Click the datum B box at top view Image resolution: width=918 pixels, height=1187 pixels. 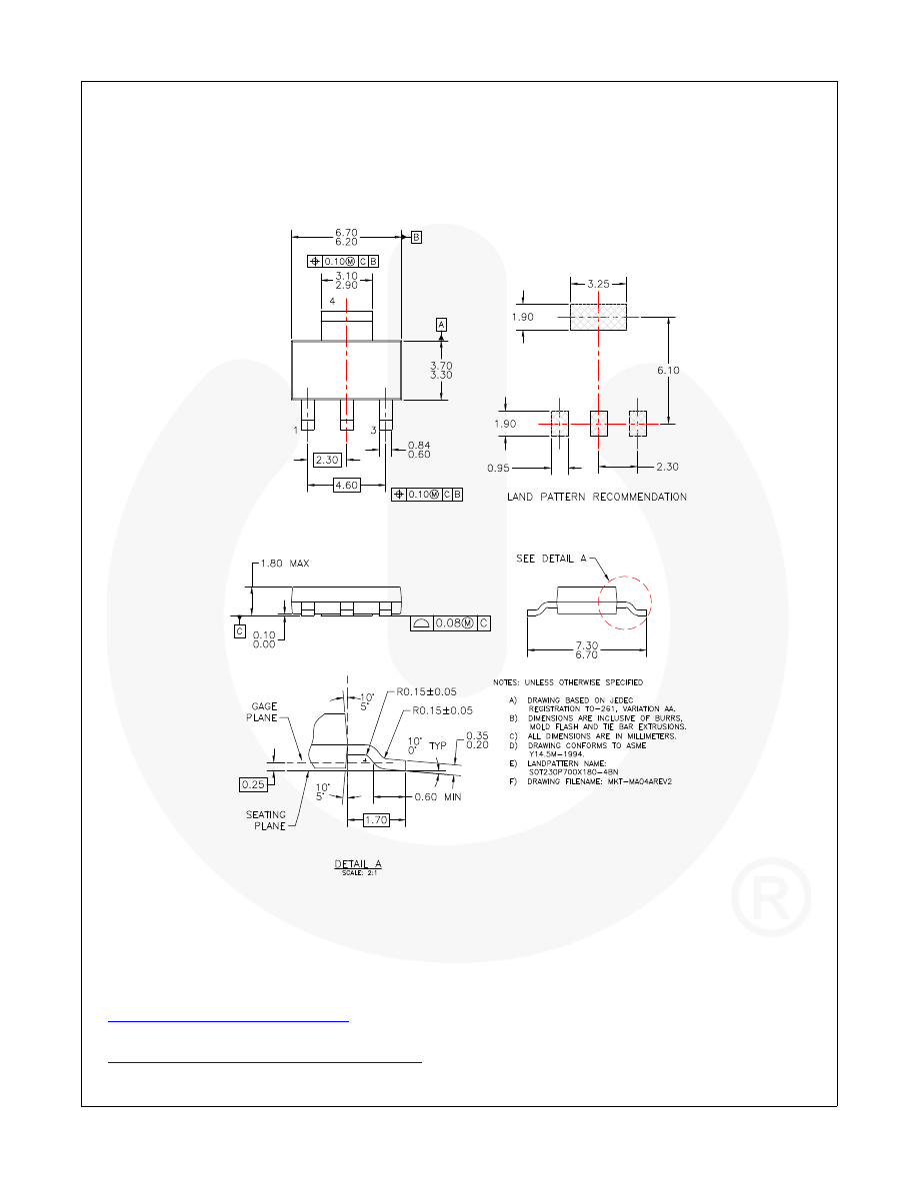tap(416, 237)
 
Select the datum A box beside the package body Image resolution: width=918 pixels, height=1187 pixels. tap(440, 324)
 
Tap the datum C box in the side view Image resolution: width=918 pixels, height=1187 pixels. tap(240, 630)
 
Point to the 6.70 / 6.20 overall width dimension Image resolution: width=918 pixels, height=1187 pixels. tap(346, 236)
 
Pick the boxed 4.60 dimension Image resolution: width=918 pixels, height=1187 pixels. tap(345, 484)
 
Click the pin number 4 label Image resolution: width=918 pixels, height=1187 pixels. tap(331, 300)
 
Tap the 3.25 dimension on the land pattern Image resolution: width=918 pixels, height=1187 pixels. tap(597, 285)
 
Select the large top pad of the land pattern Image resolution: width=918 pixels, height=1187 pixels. tap(597, 318)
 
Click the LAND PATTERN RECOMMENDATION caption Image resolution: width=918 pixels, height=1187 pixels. tap(597, 497)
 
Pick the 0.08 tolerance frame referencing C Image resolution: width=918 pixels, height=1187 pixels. tap(451, 623)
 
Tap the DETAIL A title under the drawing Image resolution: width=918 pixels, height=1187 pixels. tap(358, 863)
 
